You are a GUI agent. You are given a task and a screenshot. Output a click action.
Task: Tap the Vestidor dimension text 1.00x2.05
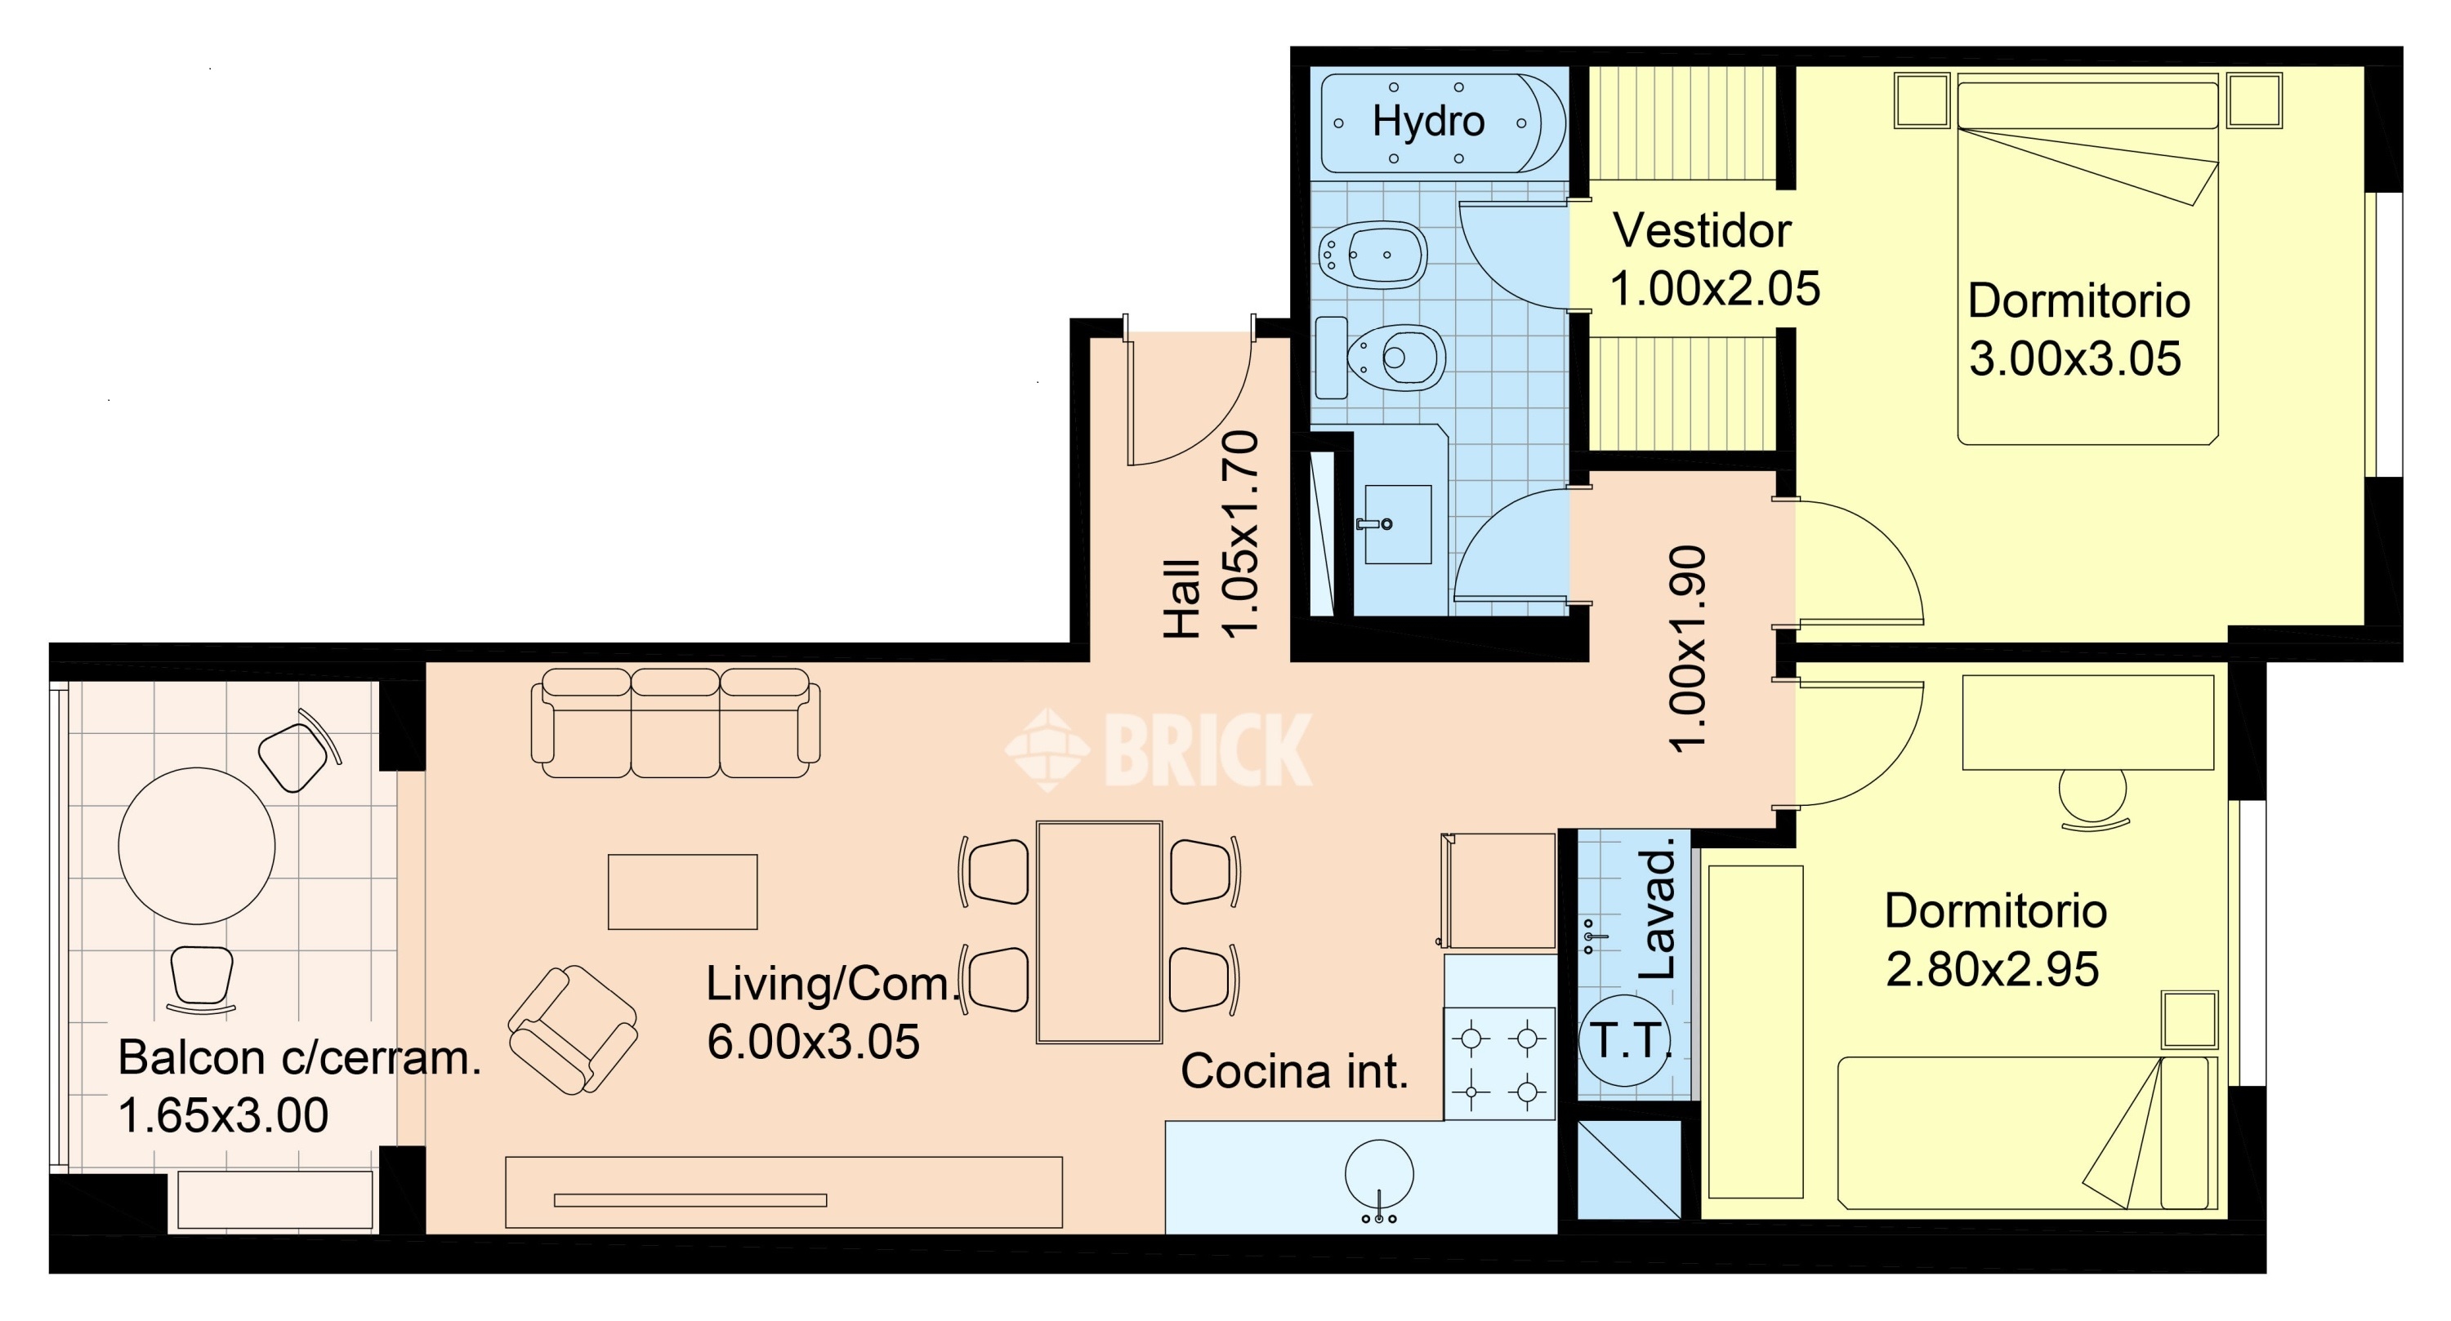tap(1715, 289)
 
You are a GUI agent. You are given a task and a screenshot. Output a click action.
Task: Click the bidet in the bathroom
tap(1373, 256)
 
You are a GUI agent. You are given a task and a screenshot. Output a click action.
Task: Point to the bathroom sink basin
tap(1398, 524)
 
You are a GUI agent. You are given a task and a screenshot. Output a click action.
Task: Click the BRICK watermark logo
tap(1159, 750)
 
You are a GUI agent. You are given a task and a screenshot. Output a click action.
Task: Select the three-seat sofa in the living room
tap(676, 723)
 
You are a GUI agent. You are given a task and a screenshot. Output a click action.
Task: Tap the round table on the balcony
tap(197, 846)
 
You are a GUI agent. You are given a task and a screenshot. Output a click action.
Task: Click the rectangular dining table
tap(1099, 932)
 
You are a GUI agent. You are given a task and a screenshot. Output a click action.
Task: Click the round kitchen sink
tap(1379, 1176)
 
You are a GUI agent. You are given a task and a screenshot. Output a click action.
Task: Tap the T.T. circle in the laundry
tap(1626, 1040)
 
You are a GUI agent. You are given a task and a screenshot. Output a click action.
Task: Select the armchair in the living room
tap(573, 1031)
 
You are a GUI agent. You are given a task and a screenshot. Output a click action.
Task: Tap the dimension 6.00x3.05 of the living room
tap(813, 1043)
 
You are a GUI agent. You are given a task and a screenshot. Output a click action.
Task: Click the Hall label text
tap(1183, 598)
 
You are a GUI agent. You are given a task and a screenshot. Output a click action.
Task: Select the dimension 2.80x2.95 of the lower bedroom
tap(1993, 970)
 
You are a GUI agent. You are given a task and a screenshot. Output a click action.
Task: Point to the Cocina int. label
tap(1294, 1072)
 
